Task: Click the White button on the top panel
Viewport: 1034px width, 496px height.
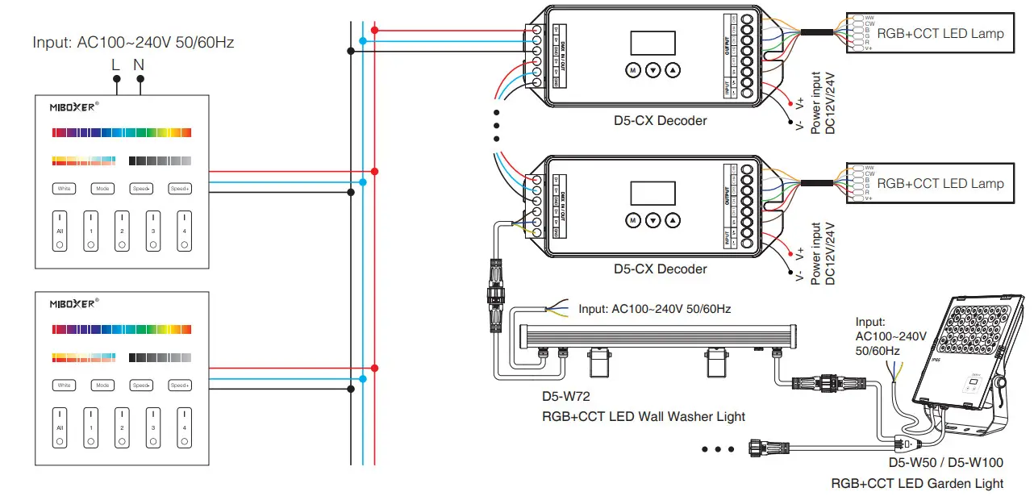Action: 64,189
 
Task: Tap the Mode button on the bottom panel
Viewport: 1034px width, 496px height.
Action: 102,386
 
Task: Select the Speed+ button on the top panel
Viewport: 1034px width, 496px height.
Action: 180,189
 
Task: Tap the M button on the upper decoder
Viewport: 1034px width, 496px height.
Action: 633,70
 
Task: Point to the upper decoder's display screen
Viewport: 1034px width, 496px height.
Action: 652,44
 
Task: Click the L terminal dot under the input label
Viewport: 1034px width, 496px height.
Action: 116,79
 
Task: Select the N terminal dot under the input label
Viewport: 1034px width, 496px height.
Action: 140,79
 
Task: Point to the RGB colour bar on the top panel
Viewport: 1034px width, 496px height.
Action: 121,132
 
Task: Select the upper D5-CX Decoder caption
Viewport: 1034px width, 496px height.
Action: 660,120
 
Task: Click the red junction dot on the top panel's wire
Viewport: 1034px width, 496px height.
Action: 375,172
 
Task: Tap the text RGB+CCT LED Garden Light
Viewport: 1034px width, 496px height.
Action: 917,483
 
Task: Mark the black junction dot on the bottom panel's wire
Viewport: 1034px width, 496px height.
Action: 350,390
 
